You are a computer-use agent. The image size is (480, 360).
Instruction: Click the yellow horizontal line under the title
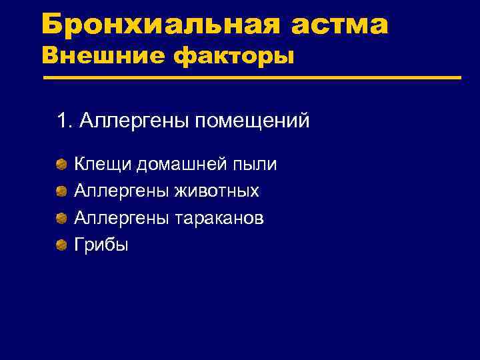click(252, 78)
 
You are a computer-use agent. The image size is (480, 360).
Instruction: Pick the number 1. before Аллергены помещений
click(65, 121)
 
